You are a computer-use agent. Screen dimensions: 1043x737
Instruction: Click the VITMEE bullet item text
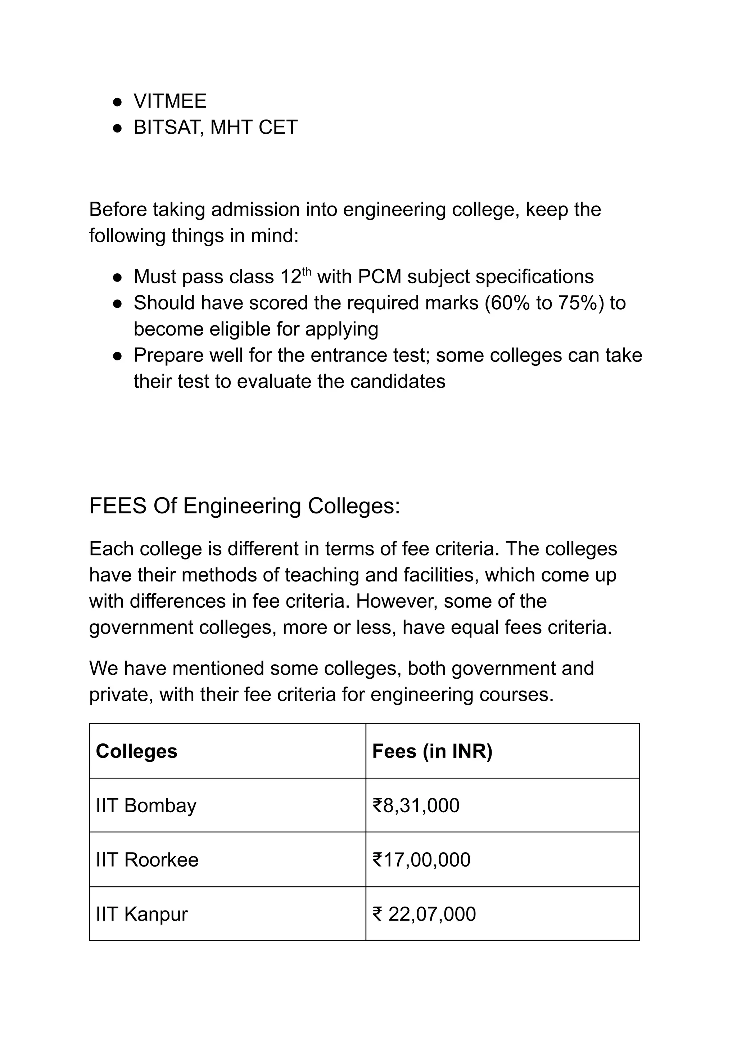click(170, 101)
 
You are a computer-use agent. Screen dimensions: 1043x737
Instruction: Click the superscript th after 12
click(307, 272)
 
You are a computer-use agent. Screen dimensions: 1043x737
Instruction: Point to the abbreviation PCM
click(379, 277)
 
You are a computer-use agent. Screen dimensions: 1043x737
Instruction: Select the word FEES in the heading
click(118, 506)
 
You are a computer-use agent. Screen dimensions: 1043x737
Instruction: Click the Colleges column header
click(136, 751)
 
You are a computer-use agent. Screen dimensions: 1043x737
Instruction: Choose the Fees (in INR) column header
click(432, 751)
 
